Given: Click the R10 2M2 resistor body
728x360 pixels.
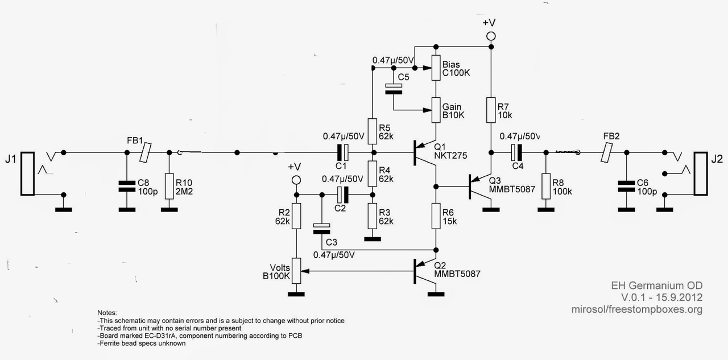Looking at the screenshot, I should pyautogui.click(x=169, y=186).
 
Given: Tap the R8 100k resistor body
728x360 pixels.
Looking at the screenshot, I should pyautogui.click(x=546, y=186).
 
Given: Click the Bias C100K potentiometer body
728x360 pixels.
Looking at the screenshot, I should pyautogui.click(x=436, y=68).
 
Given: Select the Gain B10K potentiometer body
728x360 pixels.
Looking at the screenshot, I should pyautogui.click(x=436, y=110).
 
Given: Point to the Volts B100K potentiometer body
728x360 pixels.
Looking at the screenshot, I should pyautogui.click(x=296, y=272).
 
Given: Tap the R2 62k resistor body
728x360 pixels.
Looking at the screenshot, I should pyautogui.click(x=296, y=216).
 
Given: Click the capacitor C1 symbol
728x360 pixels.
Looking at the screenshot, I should pyautogui.click(x=342, y=152).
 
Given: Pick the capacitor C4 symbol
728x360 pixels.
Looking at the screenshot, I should pyautogui.click(x=515, y=152).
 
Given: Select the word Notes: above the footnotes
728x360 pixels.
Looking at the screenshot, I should pyautogui.click(x=107, y=313).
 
